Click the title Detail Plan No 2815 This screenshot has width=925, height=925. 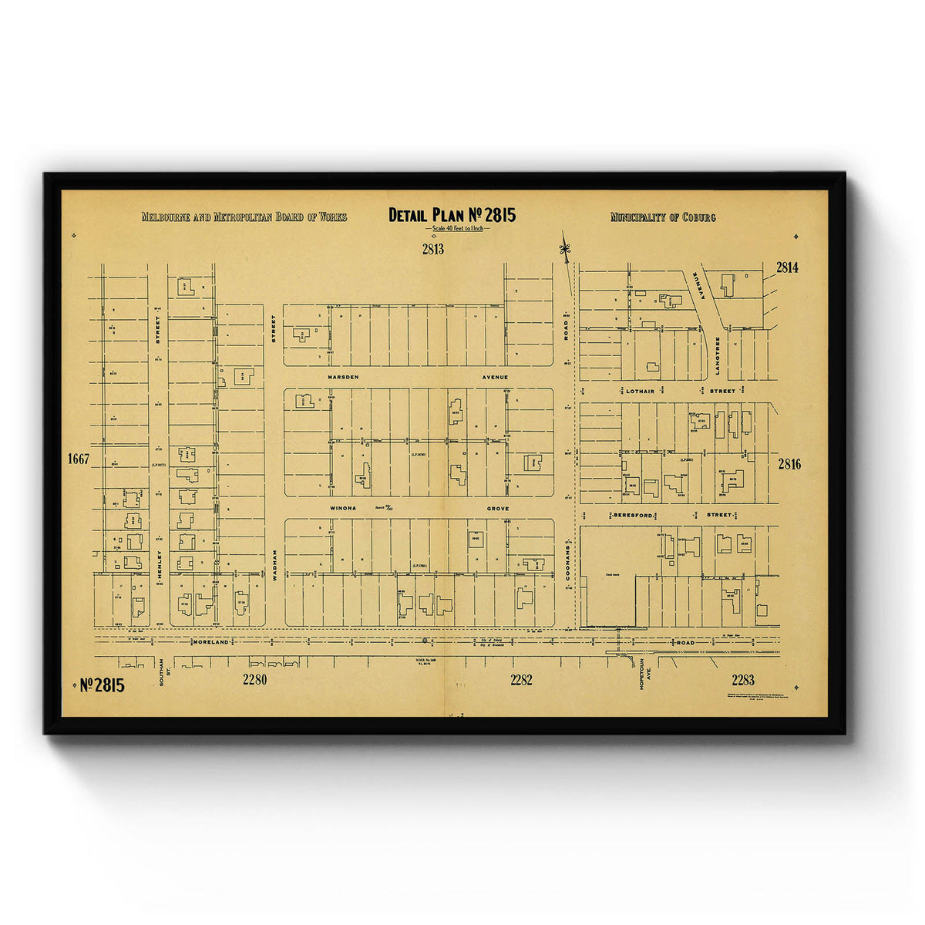452,215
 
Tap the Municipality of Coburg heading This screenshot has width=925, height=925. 663,217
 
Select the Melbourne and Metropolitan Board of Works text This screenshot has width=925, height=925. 244,217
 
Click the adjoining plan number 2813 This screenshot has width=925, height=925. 432,249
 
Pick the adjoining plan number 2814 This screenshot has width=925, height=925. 787,267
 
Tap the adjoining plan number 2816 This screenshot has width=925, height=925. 789,464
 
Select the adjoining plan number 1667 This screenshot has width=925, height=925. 79,459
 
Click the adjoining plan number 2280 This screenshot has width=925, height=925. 254,679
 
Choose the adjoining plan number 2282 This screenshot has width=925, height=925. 521,679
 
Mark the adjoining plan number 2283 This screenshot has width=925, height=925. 743,679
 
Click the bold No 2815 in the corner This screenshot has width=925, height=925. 102,684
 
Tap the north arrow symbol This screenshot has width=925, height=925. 565,249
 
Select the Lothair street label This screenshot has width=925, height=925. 639,392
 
